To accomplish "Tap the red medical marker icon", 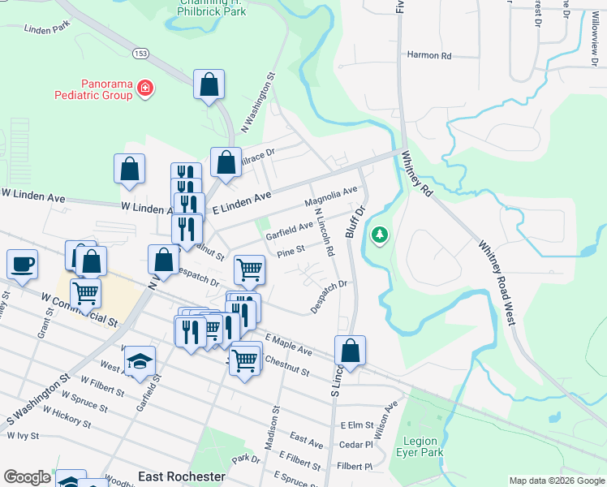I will tap(145, 87).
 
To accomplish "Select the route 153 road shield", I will tap(141, 53).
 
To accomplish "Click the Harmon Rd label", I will tap(428, 56).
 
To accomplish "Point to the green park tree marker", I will tap(378, 235).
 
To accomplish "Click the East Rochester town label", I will tap(182, 476).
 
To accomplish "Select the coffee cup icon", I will tap(22, 264).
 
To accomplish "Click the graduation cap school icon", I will tap(141, 360).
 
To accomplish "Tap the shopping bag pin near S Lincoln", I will tap(350, 351).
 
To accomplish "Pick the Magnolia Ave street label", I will tap(331, 196).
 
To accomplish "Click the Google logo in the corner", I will tap(26, 477).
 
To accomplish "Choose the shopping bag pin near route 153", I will tap(209, 84).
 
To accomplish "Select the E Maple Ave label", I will tap(288, 343).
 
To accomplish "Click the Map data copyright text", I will tap(557, 481).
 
